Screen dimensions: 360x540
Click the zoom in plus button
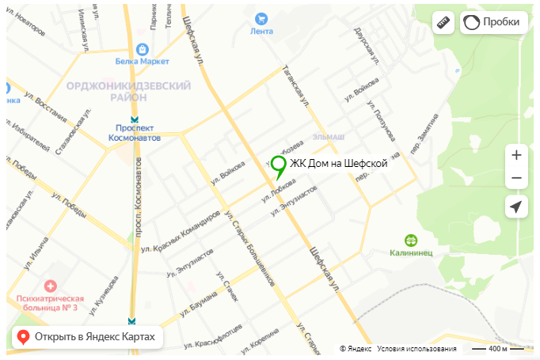pos(516,155)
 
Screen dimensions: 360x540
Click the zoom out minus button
pos(516,178)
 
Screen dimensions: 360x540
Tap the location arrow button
pos(516,207)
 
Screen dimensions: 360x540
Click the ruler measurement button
pos(443,23)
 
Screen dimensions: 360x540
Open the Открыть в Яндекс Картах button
pos(88,337)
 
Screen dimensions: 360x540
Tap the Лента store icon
pos(260,19)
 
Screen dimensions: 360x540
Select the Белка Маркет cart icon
pos(143,47)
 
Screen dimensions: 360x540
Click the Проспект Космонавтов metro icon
pos(134,120)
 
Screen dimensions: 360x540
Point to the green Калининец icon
pos(411,240)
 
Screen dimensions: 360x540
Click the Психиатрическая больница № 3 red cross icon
pos(51,285)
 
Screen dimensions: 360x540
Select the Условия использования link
pos(416,349)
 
